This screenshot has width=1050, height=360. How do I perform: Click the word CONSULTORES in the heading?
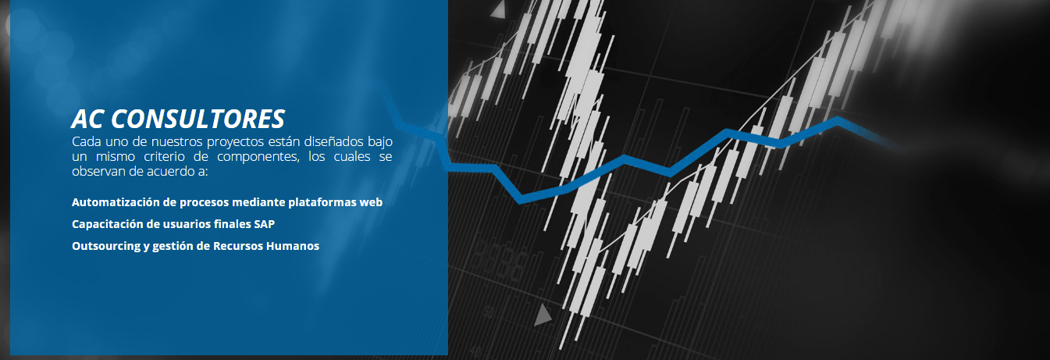pyautogui.click(x=198, y=119)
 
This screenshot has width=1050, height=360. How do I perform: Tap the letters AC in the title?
pyautogui.click(x=87, y=119)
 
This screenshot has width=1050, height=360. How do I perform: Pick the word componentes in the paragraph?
pyautogui.click(x=258, y=157)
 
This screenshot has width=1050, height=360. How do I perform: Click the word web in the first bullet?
pyautogui.click(x=371, y=202)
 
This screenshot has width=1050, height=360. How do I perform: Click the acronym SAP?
pyautogui.click(x=265, y=224)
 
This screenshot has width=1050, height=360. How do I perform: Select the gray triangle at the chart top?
pyautogui.click(x=498, y=9)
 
